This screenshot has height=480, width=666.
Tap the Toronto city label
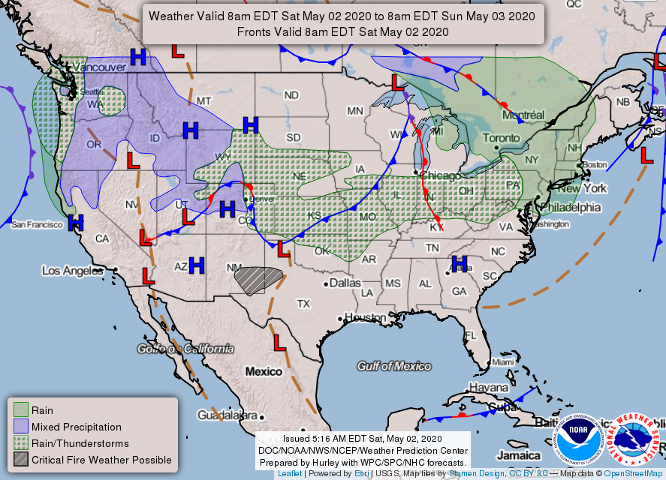[500, 139]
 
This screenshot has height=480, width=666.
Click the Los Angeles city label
[71, 270]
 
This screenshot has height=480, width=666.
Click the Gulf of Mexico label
[394, 366]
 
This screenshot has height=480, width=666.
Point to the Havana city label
[488, 388]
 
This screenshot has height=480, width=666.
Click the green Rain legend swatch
[20, 409]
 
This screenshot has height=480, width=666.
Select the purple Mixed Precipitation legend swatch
[20, 426]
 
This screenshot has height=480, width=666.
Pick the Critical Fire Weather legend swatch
[20, 459]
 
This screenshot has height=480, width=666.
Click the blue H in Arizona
[197, 264]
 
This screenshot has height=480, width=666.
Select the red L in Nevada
[133, 160]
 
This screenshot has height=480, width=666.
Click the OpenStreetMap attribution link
[634, 474]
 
